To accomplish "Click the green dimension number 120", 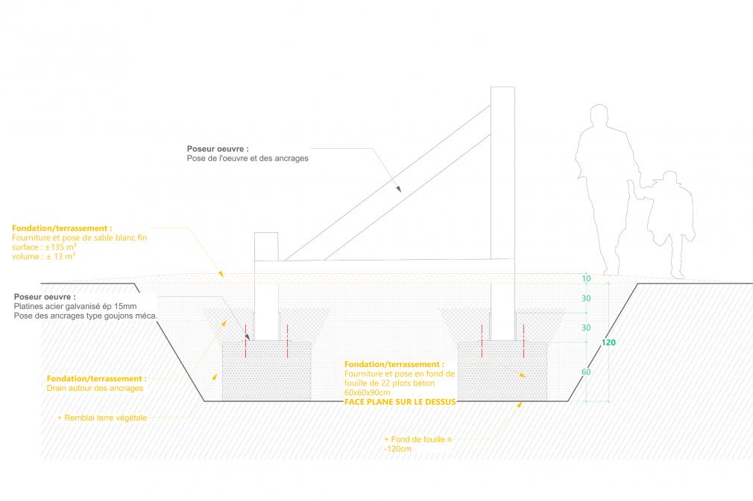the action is [608, 342].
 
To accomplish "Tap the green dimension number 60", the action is [586, 371].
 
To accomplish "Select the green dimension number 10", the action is [586, 278].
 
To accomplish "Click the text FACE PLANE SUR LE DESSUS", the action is [400, 402].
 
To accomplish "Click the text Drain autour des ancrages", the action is [95, 388].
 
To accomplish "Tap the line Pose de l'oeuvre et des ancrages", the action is [248, 159].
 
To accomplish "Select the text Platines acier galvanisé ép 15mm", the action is [75, 306].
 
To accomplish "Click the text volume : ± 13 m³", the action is [44, 257].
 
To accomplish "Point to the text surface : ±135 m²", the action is [44, 247].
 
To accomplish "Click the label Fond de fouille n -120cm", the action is [418, 444].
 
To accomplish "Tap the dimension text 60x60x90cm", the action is [367, 392].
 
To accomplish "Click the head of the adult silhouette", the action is [599, 116].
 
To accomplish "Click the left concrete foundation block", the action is [266, 371].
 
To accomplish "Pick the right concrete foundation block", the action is [502, 371].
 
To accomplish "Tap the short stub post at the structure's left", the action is [266, 246].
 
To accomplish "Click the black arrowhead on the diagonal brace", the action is [399, 189].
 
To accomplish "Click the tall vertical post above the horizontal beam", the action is [502, 173].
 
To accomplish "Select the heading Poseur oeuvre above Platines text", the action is [45, 297].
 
